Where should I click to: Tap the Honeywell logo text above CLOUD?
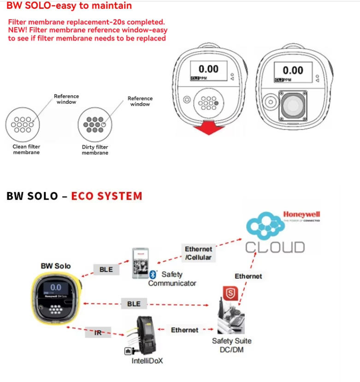click(x=301, y=215)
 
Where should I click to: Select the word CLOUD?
click(x=275, y=247)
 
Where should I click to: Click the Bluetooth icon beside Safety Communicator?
click(x=153, y=275)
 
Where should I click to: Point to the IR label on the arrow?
click(x=98, y=333)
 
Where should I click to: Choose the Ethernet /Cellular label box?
click(x=199, y=253)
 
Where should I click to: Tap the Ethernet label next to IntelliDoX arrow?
click(x=184, y=330)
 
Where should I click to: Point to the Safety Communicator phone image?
click(x=141, y=264)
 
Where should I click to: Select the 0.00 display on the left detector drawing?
click(x=208, y=70)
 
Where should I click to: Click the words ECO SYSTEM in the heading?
click(x=106, y=196)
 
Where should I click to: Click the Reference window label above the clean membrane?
click(x=66, y=99)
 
